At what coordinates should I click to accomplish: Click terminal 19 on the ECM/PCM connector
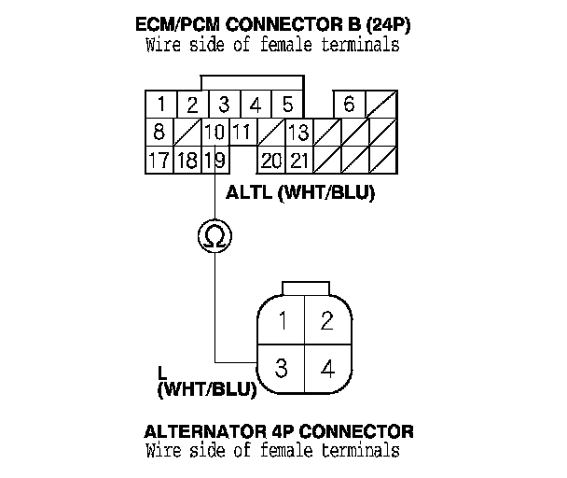(214, 160)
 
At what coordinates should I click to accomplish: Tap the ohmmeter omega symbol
(214, 237)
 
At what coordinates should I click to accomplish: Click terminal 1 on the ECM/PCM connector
(161, 105)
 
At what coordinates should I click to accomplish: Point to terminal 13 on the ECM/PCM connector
(298, 132)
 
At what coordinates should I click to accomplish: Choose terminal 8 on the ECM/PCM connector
(160, 132)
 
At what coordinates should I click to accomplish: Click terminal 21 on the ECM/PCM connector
(298, 160)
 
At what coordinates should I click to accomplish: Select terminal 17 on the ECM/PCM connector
(159, 160)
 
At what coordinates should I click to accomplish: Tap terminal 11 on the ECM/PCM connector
(242, 132)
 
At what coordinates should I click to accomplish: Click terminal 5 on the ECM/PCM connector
(288, 105)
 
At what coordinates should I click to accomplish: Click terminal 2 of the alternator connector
(326, 321)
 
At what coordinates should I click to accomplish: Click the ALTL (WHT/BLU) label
(293, 194)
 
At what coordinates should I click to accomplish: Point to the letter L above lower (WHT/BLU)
(162, 372)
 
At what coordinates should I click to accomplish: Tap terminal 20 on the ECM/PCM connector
(271, 160)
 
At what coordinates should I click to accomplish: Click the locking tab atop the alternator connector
(304, 288)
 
